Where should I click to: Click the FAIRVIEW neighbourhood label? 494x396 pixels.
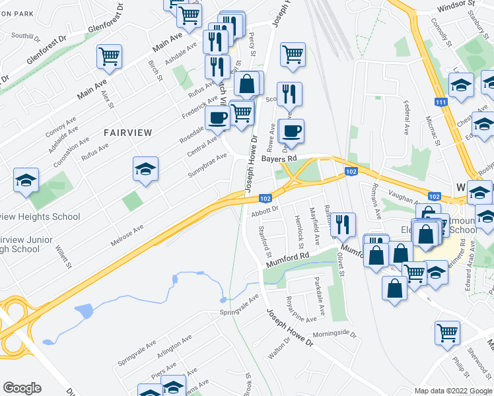click(x=127, y=133)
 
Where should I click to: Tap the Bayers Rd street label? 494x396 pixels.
click(x=277, y=159)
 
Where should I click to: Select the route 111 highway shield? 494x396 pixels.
click(x=441, y=102)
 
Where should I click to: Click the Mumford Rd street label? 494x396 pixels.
click(x=288, y=259)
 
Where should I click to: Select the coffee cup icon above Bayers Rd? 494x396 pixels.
click(x=291, y=131)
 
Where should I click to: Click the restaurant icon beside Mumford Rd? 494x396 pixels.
click(x=343, y=224)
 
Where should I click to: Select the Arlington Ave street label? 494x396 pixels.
click(x=174, y=348)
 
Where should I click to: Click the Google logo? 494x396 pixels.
click(x=22, y=388)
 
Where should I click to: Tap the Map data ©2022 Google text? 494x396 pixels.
click(x=453, y=391)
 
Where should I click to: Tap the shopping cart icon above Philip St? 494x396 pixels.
click(x=447, y=333)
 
